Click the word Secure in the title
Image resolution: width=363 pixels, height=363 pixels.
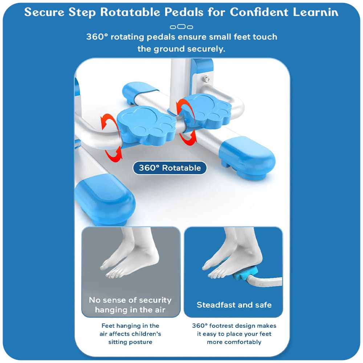pyautogui.click(x=44, y=12)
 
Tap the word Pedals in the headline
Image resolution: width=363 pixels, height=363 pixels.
pyautogui.click(x=184, y=12)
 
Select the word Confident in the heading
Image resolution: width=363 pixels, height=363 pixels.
pyautogui.click(x=259, y=12)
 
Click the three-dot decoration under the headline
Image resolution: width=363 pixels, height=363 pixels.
pyautogui.click(x=181, y=27)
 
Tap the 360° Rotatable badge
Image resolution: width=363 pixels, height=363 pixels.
pyautogui.click(x=170, y=168)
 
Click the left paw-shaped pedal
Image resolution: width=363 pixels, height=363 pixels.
pyautogui.click(x=146, y=125)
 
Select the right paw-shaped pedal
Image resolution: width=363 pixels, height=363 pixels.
pyautogui.click(x=206, y=111)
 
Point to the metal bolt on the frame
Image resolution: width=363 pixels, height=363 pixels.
pyautogui.click(x=206, y=79)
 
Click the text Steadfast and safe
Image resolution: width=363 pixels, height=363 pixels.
pyautogui.click(x=234, y=305)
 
